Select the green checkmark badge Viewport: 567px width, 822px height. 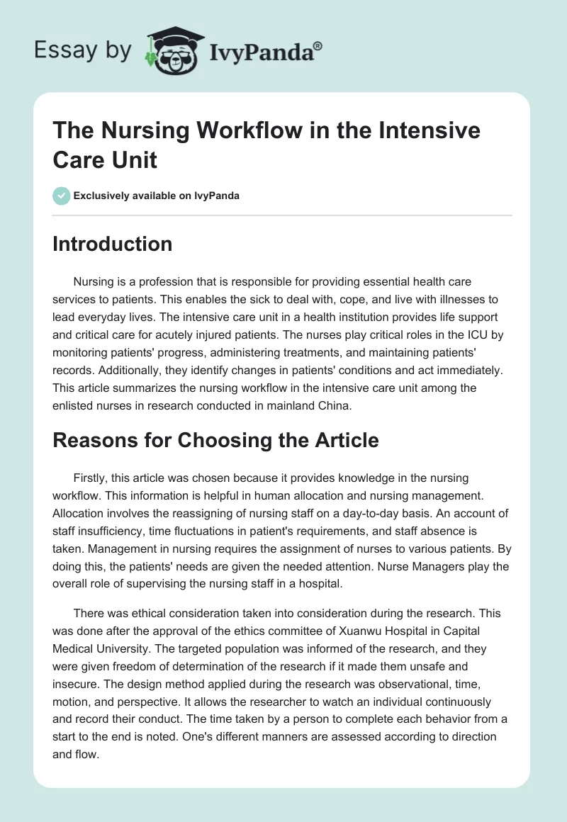[x=62, y=196]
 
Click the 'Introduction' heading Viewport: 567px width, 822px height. [x=112, y=244]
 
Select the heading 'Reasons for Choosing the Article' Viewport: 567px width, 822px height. [x=216, y=440]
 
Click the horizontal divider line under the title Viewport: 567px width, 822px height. [x=282, y=215]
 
